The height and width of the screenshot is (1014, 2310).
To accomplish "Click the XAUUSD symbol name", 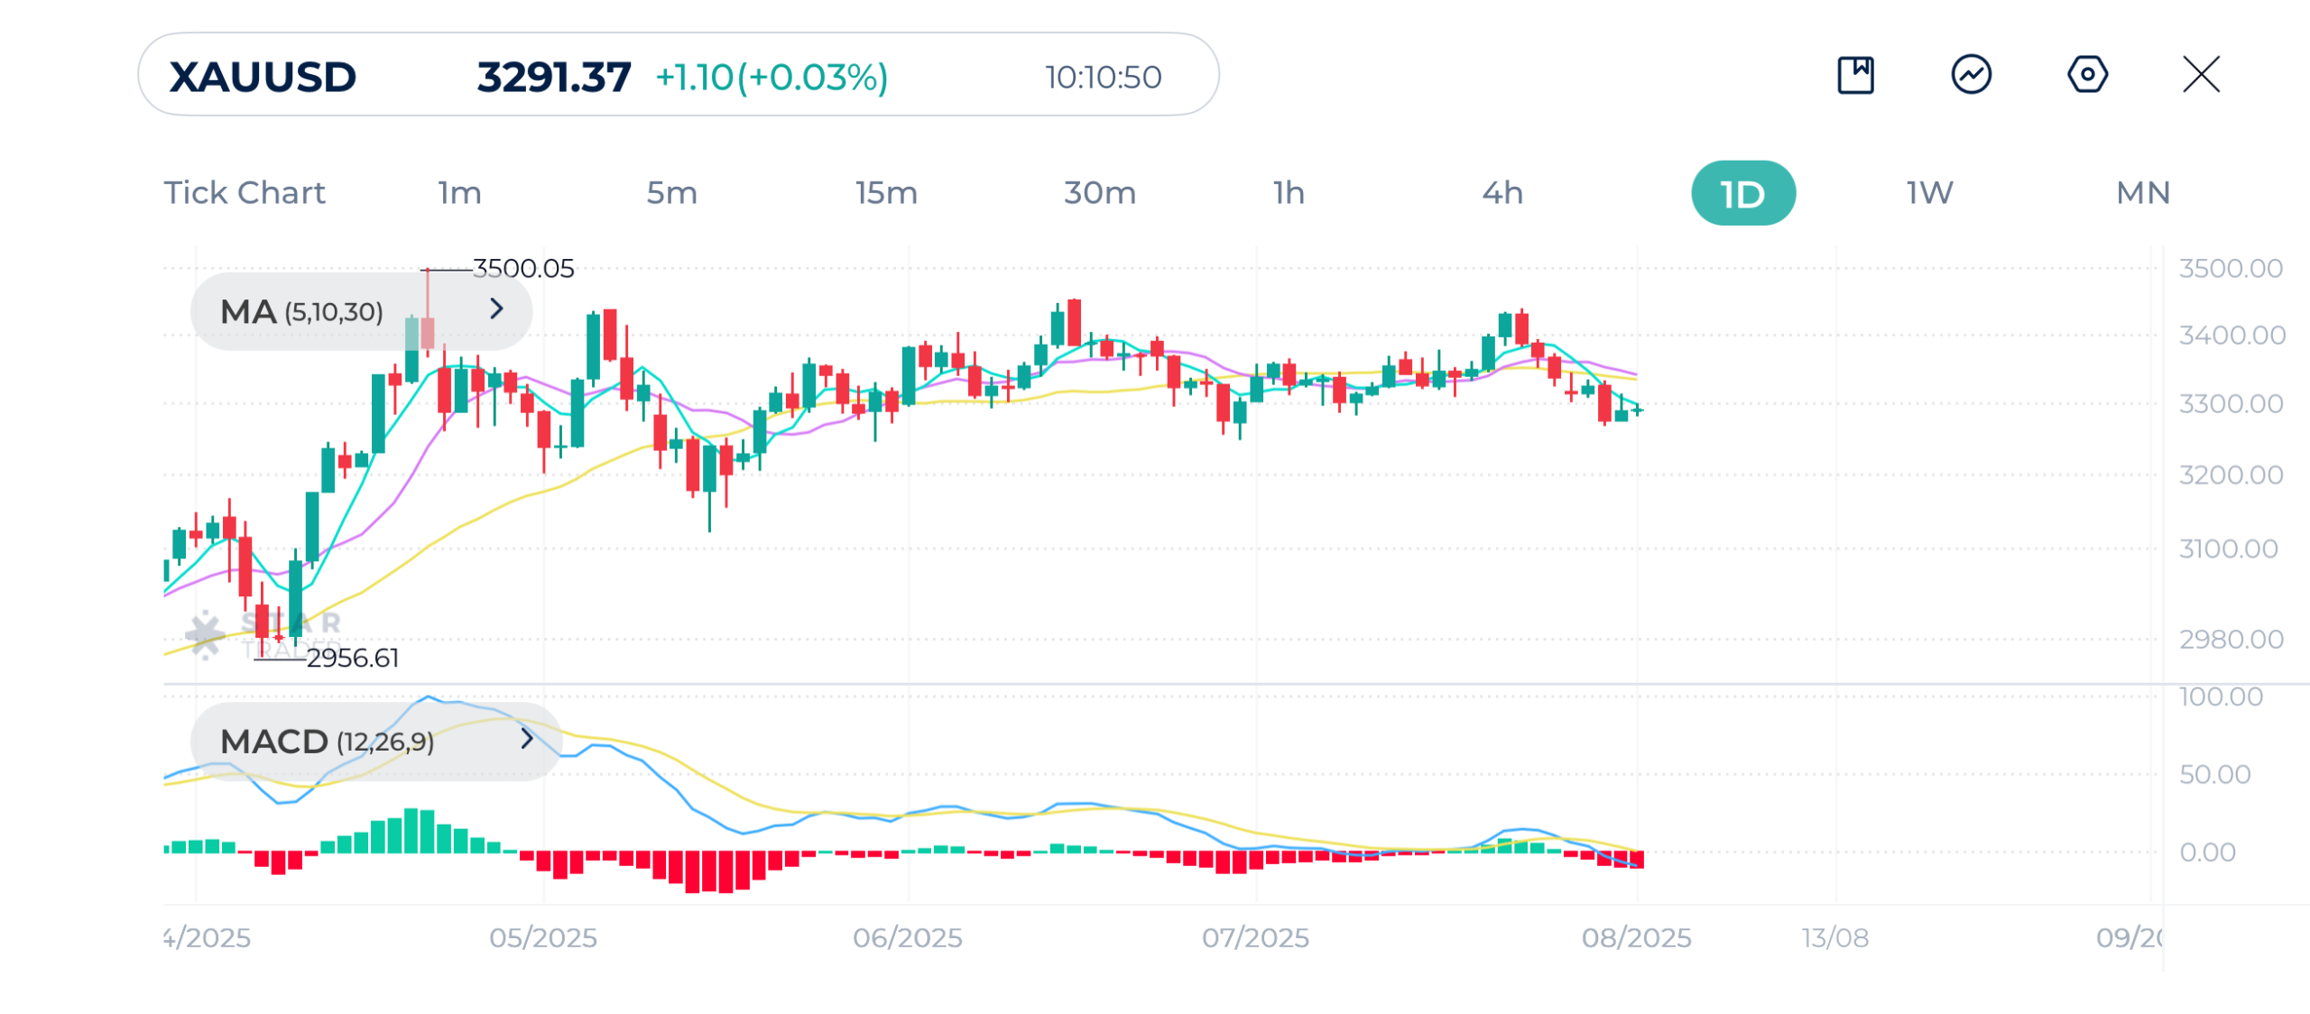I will [x=263, y=77].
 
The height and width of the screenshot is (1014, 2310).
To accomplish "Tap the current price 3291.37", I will [x=553, y=77].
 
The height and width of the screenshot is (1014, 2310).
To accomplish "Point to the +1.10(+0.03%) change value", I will [x=772, y=77].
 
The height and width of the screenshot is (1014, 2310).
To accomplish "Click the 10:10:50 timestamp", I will [x=1103, y=78].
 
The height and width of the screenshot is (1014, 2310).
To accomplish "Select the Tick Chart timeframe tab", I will [x=245, y=193].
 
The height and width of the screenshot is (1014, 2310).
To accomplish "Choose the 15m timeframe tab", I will [x=886, y=193].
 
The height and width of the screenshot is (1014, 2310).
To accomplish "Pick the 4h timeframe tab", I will [x=1502, y=193].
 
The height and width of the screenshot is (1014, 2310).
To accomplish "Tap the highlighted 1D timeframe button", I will [x=1742, y=193].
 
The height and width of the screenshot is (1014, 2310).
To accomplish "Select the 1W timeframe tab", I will [x=1929, y=193].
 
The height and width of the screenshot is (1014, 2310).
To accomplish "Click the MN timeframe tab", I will [x=2143, y=193].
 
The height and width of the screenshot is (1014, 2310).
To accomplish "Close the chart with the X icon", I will [x=2201, y=74].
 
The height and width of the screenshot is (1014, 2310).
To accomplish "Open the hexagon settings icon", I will [x=2087, y=74].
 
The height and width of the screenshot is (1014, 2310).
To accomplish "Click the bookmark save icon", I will [x=1855, y=74].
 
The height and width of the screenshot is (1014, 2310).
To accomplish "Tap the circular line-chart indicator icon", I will [x=1971, y=74].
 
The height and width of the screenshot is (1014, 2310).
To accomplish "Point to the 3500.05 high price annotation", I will [x=523, y=268].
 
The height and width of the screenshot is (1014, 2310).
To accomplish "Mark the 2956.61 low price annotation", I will [x=353, y=658].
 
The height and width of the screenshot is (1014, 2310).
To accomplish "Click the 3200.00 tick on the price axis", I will [x=2231, y=475].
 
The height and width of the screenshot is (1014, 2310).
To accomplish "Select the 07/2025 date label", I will [x=1255, y=937].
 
